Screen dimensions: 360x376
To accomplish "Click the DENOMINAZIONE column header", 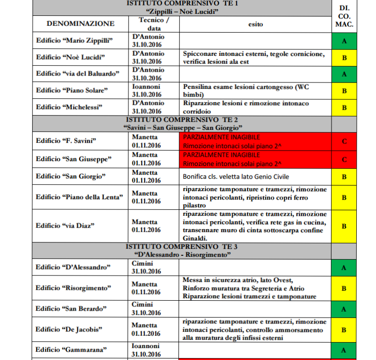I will (80, 23).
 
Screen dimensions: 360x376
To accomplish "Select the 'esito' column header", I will (255, 23).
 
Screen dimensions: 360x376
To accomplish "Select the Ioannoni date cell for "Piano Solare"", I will (147, 90).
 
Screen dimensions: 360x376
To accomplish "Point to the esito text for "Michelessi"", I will (246, 107).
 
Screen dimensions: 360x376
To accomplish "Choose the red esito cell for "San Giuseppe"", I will (255, 159).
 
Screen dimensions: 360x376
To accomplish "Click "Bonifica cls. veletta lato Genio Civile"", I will (236, 176).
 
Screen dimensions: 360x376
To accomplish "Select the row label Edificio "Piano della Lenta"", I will (80, 197).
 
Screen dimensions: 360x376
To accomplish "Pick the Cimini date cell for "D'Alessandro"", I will (146, 267).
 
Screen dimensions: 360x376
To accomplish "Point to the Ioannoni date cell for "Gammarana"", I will (147, 350).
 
